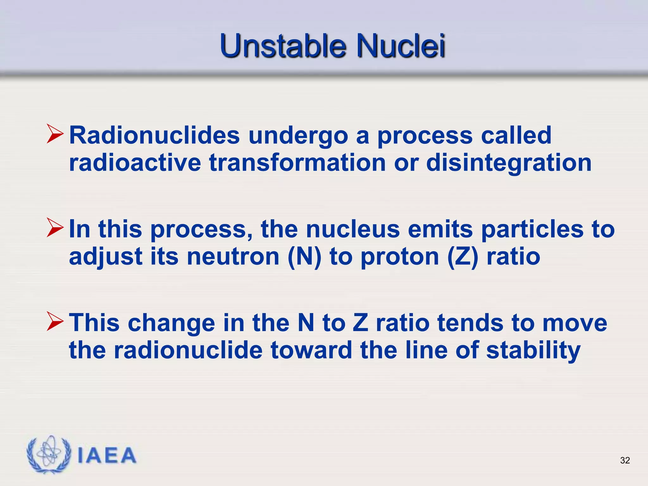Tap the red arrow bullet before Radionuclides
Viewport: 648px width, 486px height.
tap(55, 134)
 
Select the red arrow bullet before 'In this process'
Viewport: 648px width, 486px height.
tap(55, 227)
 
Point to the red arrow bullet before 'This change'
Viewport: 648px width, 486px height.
tap(55, 321)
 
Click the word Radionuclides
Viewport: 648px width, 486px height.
tap(154, 135)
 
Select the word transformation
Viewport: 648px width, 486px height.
tap(297, 163)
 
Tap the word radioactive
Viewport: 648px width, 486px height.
tap(135, 163)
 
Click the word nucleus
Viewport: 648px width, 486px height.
tap(352, 229)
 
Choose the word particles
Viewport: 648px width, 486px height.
tap(532, 229)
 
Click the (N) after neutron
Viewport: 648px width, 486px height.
tap(304, 257)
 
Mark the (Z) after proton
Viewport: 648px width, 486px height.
tap(463, 257)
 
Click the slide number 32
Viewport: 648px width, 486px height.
tap(625, 460)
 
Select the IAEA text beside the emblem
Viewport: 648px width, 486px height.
tap(107, 456)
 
